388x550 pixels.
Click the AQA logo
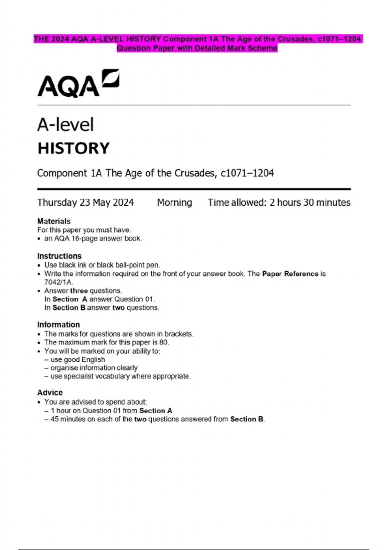(78, 83)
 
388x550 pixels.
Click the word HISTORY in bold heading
(73, 148)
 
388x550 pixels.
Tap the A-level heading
(65, 125)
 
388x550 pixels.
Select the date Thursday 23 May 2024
(85, 203)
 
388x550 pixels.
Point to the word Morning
(174, 203)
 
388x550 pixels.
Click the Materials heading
(54, 221)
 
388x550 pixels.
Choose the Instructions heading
(59, 256)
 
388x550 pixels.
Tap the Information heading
(58, 324)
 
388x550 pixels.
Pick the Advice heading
(50, 392)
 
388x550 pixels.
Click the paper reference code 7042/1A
(58, 282)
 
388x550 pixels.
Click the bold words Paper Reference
(290, 274)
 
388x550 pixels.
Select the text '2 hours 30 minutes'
(310, 203)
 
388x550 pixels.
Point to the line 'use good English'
(78, 359)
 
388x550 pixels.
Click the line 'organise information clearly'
(94, 368)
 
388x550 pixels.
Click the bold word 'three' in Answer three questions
(79, 291)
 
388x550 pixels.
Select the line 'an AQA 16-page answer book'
(93, 238)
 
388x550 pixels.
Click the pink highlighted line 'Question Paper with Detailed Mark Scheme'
(197, 48)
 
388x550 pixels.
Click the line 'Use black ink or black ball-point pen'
(102, 265)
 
